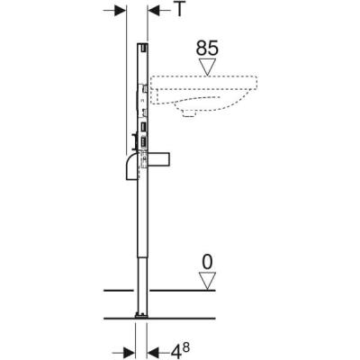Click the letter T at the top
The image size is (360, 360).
pyautogui.click(x=181, y=10)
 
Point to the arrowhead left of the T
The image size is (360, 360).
pyautogui.click(x=154, y=10)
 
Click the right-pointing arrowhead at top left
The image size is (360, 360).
pyautogui.click(x=118, y=10)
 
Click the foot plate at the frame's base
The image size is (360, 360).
pyautogui.click(x=140, y=314)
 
